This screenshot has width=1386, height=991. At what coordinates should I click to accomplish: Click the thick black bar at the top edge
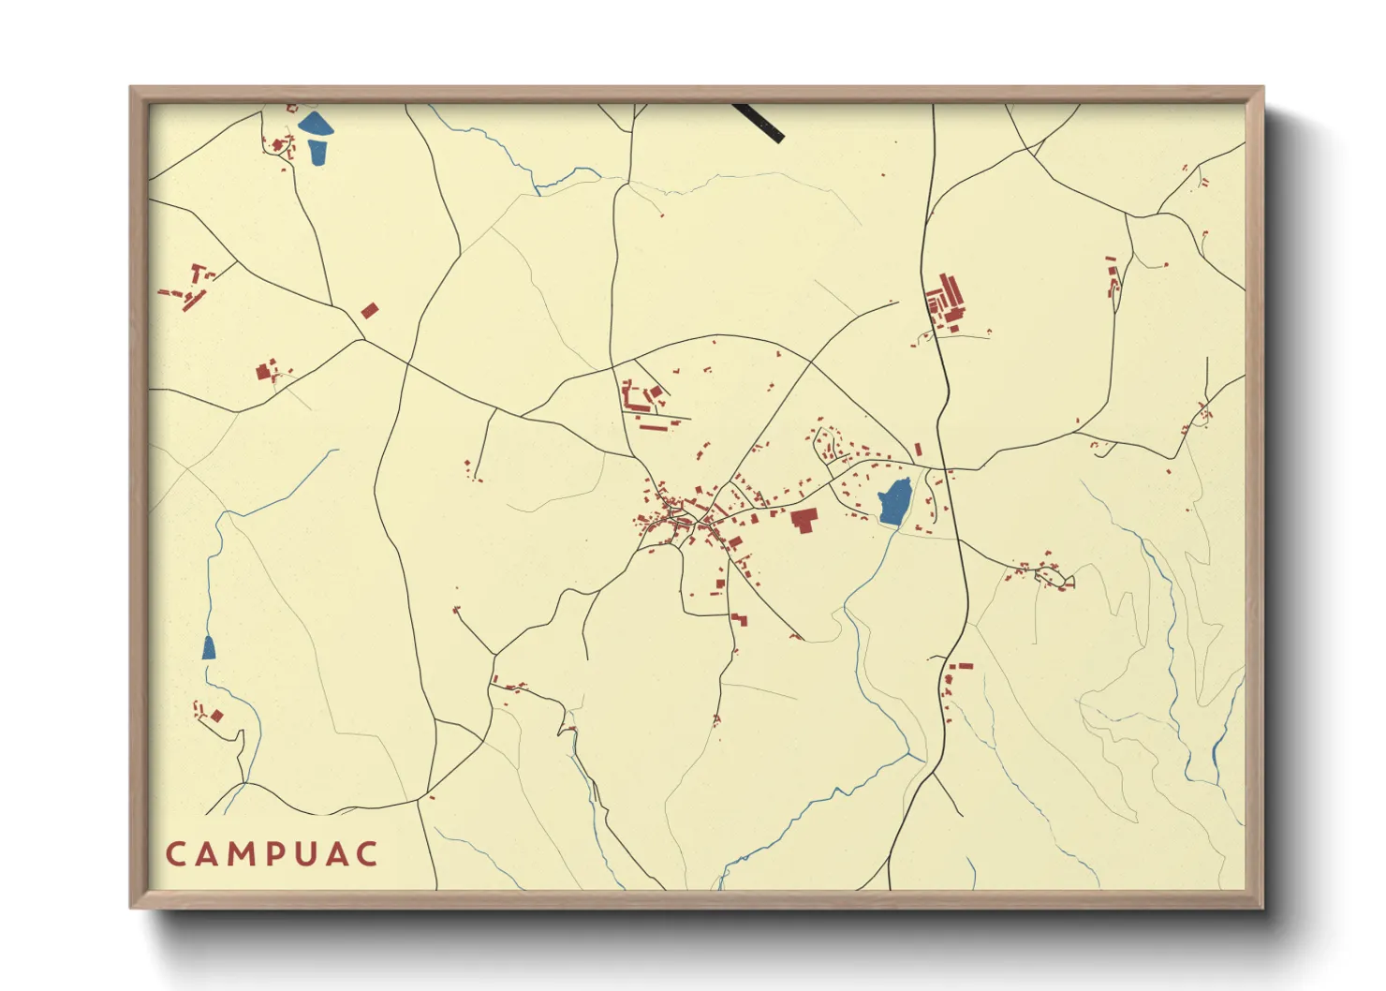click(x=759, y=122)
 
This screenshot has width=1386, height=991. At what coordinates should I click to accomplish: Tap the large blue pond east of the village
click(x=895, y=503)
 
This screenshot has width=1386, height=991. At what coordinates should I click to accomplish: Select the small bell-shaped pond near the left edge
click(x=209, y=647)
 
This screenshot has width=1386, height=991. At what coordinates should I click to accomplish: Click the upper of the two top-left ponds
click(x=315, y=124)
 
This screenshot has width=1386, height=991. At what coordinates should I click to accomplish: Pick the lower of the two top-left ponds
click(x=317, y=152)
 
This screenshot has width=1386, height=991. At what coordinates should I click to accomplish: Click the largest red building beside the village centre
click(x=804, y=520)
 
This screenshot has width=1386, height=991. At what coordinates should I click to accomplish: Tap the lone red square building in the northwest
click(x=370, y=310)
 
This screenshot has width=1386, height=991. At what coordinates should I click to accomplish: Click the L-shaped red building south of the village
click(x=740, y=619)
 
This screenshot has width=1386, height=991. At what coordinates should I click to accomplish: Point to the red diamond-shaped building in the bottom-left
click(x=216, y=716)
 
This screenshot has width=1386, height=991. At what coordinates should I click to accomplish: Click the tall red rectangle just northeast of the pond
click(x=918, y=451)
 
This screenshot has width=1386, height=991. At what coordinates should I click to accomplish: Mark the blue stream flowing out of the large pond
click(x=866, y=581)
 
